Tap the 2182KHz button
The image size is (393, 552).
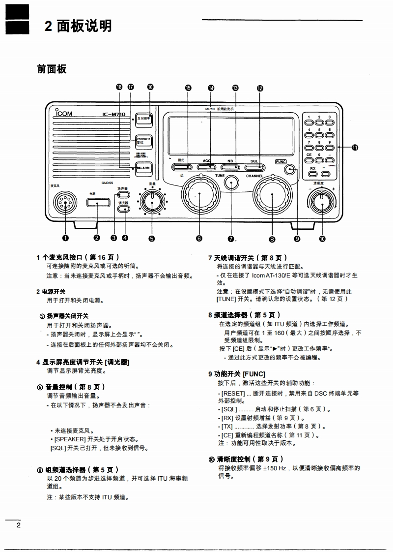(143, 141)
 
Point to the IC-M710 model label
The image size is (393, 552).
(114, 115)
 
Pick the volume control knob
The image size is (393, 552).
(152, 201)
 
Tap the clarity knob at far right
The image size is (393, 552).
(322, 200)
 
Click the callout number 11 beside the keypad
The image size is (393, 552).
(354, 146)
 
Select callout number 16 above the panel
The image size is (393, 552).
(150, 87)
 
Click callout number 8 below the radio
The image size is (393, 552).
(272, 240)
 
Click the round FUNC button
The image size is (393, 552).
(291, 169)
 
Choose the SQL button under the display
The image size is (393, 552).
(254, 167)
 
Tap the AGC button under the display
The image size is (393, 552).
(207, 167)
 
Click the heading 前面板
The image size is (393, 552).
(52, 69)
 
